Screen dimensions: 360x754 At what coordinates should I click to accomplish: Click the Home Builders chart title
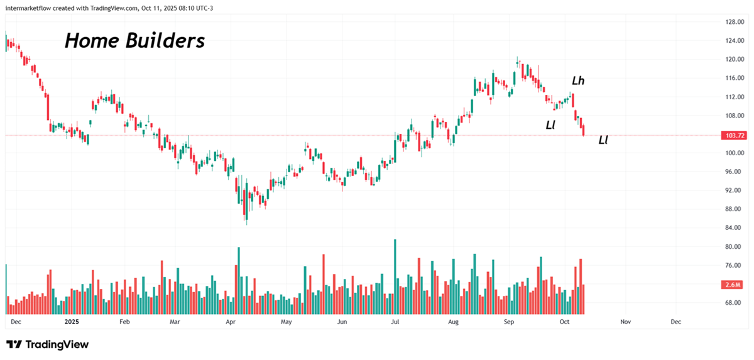[134, 41]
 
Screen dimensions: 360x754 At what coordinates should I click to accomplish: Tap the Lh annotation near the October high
[578, 80]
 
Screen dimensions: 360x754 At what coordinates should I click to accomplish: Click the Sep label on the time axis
[510, 322]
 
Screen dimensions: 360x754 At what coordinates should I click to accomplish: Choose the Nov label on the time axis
[625, 322]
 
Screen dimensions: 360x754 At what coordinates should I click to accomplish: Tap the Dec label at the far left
[16, 322]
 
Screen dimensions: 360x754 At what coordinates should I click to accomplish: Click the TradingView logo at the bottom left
[48, 344]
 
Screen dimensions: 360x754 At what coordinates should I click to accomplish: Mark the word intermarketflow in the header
[30, 6]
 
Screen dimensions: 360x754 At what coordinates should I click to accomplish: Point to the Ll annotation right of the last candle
[603, 139]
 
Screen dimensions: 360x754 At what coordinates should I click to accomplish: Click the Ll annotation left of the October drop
[550, 124]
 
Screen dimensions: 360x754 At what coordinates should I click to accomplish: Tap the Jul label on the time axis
[396, 322]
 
